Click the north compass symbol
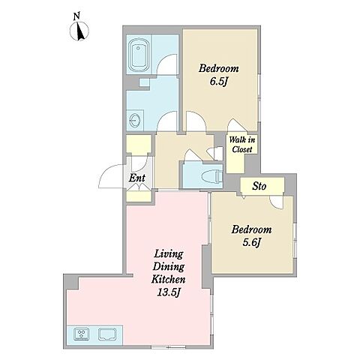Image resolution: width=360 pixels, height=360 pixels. [x=79, y=31]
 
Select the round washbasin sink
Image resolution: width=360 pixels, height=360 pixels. [x=134, y=121]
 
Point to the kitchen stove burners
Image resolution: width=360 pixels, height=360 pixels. [x=82, y=334]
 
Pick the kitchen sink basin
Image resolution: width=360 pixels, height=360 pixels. [x=107, y=334]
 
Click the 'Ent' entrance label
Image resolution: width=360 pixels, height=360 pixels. [x=137, y=178]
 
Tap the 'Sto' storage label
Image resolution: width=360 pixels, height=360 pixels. [x=259, y=186]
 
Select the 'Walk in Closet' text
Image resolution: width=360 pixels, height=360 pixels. [x=242, y=145]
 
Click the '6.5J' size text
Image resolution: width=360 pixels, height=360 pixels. [x=218, y=82]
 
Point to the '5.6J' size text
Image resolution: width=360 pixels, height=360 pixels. [x=252, y=242]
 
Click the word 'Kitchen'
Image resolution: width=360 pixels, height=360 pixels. [x=168, y=279]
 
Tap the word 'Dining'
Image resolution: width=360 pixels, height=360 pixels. [x=169, y=267]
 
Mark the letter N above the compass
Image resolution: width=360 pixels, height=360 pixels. [x=76, y=16]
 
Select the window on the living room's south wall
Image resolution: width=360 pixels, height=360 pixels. [x=168, y=346]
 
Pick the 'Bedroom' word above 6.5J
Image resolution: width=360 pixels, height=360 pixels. [x=219, y=68]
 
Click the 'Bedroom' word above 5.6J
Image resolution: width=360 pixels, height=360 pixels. [x=251, y=229]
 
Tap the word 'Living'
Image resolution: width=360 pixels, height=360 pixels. [x=169, y=254]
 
